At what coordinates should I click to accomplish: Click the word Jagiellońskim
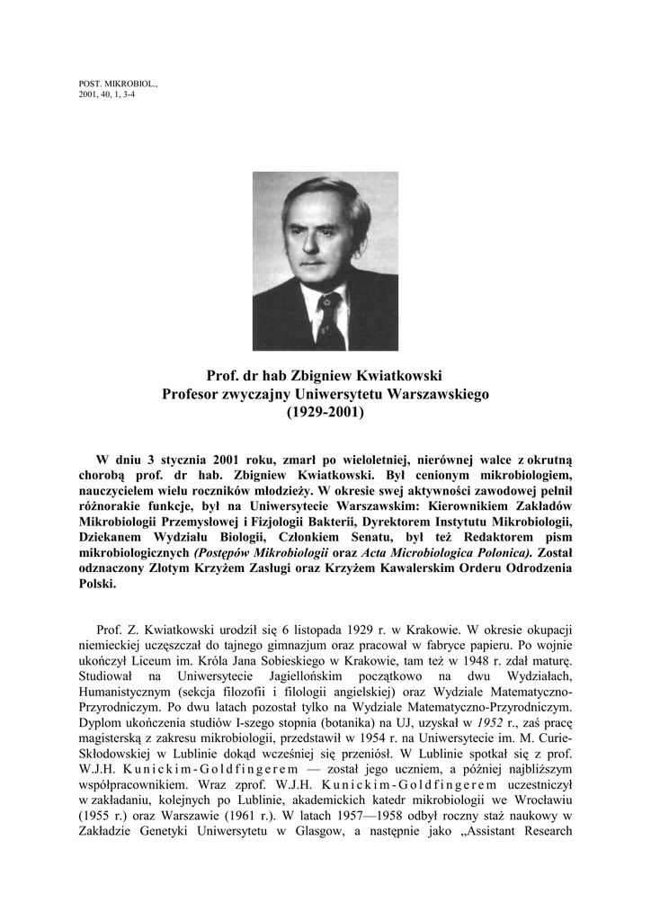307,675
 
